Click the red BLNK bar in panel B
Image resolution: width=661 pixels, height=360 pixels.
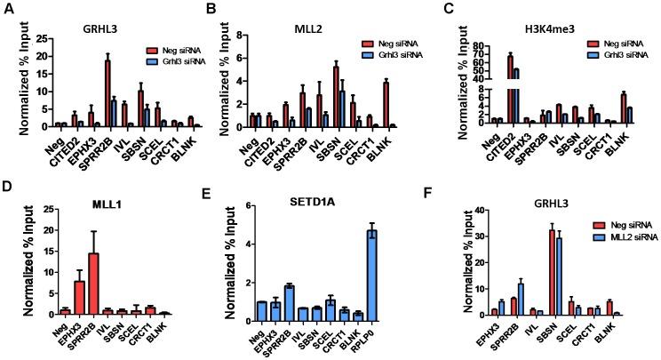(x=361, y=104)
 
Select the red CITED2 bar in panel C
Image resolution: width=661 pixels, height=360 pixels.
(x=510, y=89)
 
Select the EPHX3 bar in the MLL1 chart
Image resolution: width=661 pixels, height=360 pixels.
(x=78, y=298)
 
